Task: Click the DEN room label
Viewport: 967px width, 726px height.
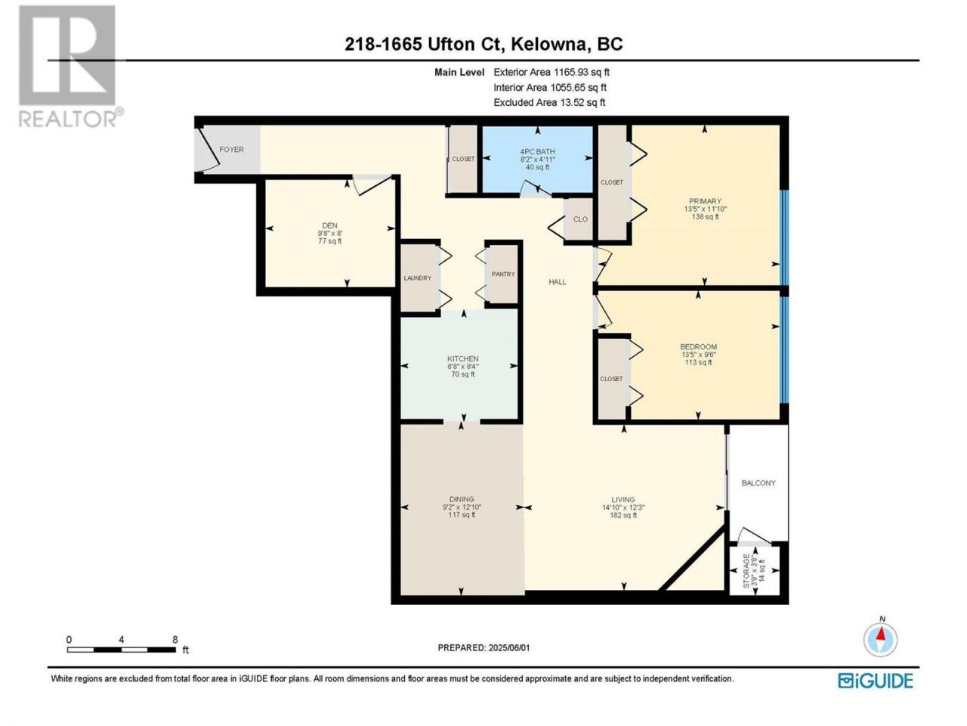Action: [329, 225]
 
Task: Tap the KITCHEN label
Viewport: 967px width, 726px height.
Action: [462, 358]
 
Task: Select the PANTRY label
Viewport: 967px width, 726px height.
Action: [503, 274]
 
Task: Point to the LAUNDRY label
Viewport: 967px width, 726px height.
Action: [417, 278]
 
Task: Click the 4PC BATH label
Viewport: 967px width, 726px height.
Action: [537, 151]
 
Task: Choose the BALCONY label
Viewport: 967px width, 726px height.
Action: [758, 482]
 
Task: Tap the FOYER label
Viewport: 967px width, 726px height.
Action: [231, 150]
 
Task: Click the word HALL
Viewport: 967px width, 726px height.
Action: [558, 281]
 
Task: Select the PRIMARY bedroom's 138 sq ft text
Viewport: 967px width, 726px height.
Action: [705, 216]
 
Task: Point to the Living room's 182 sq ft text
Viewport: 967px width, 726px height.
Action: [623, 515]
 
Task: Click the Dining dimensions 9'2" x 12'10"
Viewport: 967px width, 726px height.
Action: [462, 507]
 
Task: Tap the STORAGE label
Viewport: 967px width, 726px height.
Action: [746, 570]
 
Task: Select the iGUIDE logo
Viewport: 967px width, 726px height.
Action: [875, 681]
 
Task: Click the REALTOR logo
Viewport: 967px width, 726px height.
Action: [70, 66]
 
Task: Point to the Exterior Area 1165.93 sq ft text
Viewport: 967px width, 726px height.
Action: [551, 72]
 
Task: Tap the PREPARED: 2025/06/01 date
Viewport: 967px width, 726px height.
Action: [483, 647]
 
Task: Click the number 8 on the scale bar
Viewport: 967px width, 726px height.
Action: [175, 639]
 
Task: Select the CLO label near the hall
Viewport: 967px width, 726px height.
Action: [580, 219]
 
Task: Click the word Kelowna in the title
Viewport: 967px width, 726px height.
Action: [548, 44]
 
